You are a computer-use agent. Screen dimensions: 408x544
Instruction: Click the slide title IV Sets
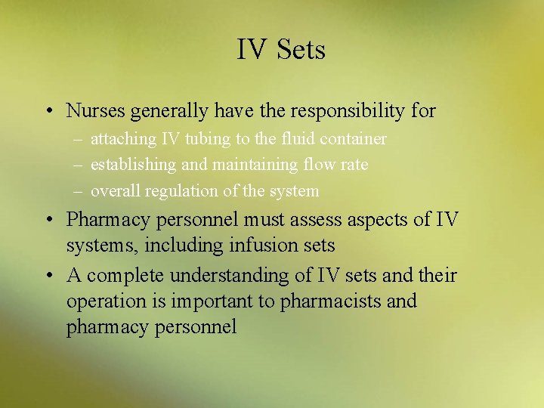coord(280,50)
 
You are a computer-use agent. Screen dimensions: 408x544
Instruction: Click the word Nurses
coord(96,110)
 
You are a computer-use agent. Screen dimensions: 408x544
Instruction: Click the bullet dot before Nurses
coord(48,112)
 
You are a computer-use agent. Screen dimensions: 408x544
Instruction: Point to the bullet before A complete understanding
coord(48,276)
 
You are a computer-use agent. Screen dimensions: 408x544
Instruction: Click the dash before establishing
coord(79,165)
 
